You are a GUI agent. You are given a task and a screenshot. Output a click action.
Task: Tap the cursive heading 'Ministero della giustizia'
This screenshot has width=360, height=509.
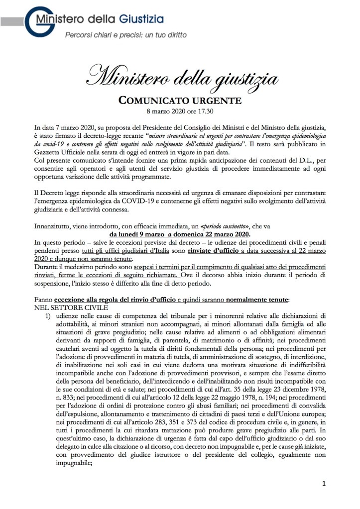click(180, 78)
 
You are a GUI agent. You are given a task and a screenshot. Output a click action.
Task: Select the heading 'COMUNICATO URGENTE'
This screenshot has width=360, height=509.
click(180, 101)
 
